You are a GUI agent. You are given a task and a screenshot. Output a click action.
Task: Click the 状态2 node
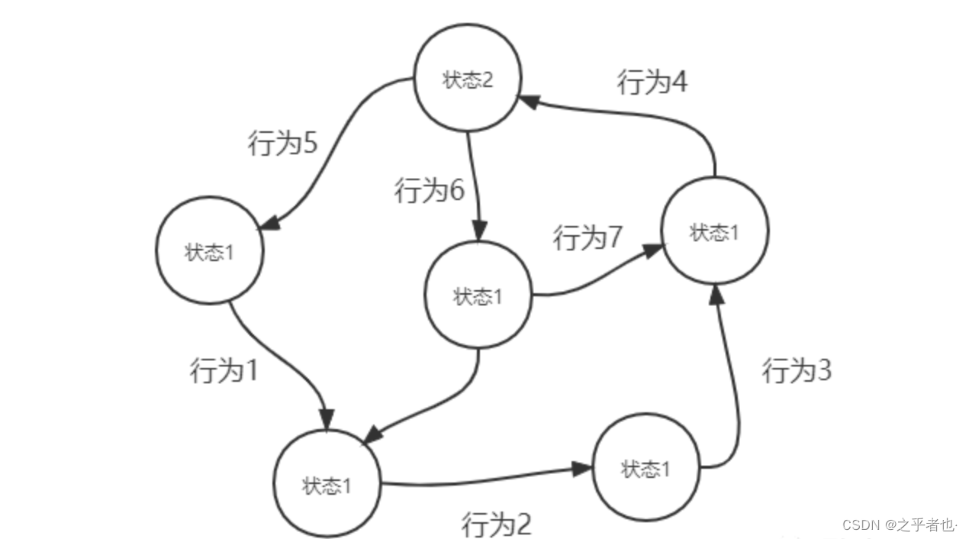point(468,80)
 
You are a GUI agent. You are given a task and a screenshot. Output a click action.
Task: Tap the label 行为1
point(224,371)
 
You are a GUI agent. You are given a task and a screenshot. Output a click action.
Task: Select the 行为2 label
point(496,524)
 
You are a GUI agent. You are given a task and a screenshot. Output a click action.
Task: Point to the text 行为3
point(797,371)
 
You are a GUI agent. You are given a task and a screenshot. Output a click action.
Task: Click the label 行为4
point(652,82)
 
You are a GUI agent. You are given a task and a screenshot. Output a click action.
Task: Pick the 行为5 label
point(282,143)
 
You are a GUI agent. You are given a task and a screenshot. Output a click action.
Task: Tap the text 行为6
point(429,190)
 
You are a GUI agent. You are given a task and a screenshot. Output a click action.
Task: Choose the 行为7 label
point(588,237)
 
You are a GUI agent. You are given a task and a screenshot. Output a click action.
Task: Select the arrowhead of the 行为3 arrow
point(716,296)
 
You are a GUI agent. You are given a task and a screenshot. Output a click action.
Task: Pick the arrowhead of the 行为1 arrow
point(327,421)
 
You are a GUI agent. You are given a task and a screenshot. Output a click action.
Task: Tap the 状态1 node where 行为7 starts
point(478,295)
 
